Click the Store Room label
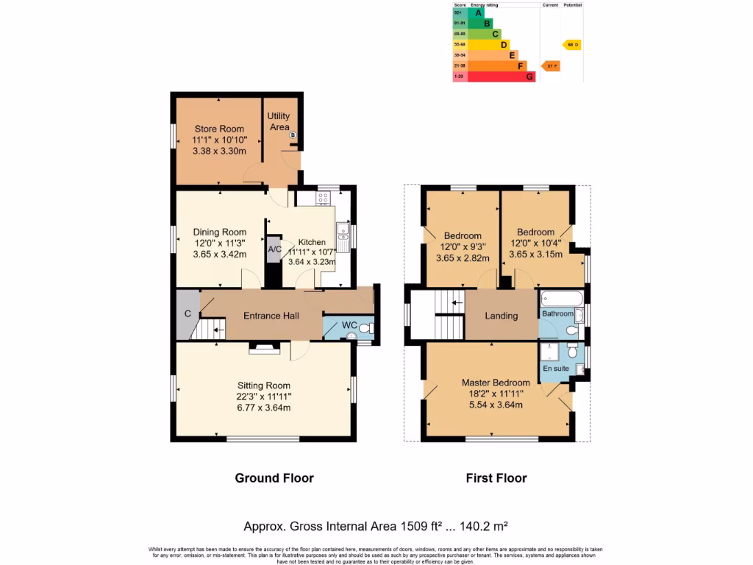tap(219, 129)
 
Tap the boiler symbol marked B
tap(293, 135)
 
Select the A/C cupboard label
tap(274, 250)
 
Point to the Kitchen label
tap(312, 242)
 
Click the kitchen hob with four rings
tap(324, 198)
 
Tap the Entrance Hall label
tap(271, 316)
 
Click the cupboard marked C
tap(188, 314)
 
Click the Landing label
tap(502, 316)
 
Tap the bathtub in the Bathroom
tap(563, 299)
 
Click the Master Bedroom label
tap(496, 383)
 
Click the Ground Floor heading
tap(274, 478)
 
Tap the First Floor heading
tap(496, 478)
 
